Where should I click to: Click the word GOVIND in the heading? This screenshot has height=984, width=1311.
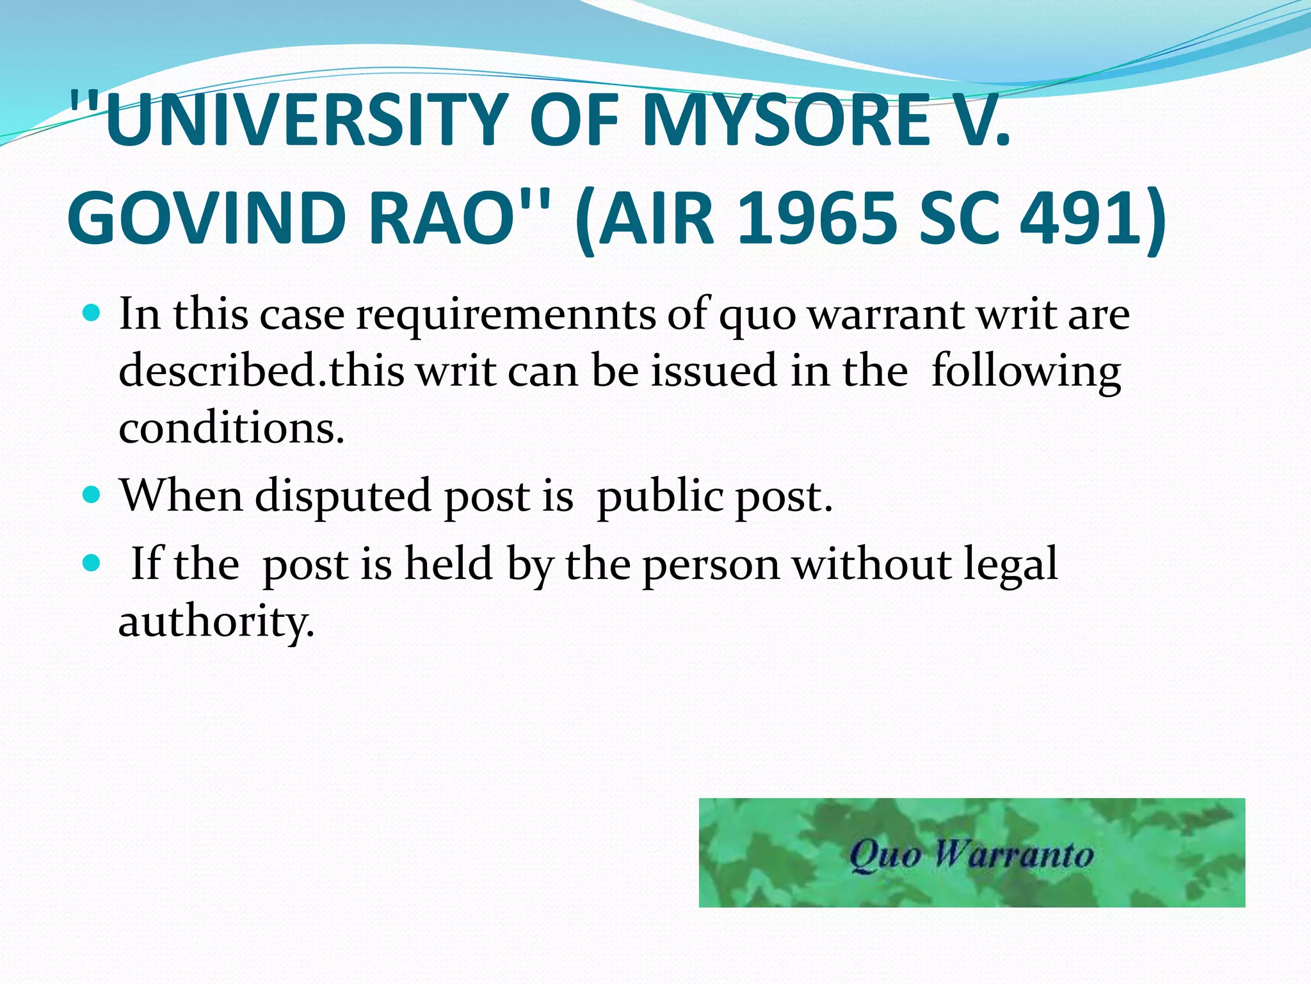pyautogui.click(x=208, y=219)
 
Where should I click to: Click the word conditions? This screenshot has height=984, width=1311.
pyautogui.click(x=231, y=428)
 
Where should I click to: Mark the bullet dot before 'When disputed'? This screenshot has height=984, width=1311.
pyautogui.click(x=92, y=495)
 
